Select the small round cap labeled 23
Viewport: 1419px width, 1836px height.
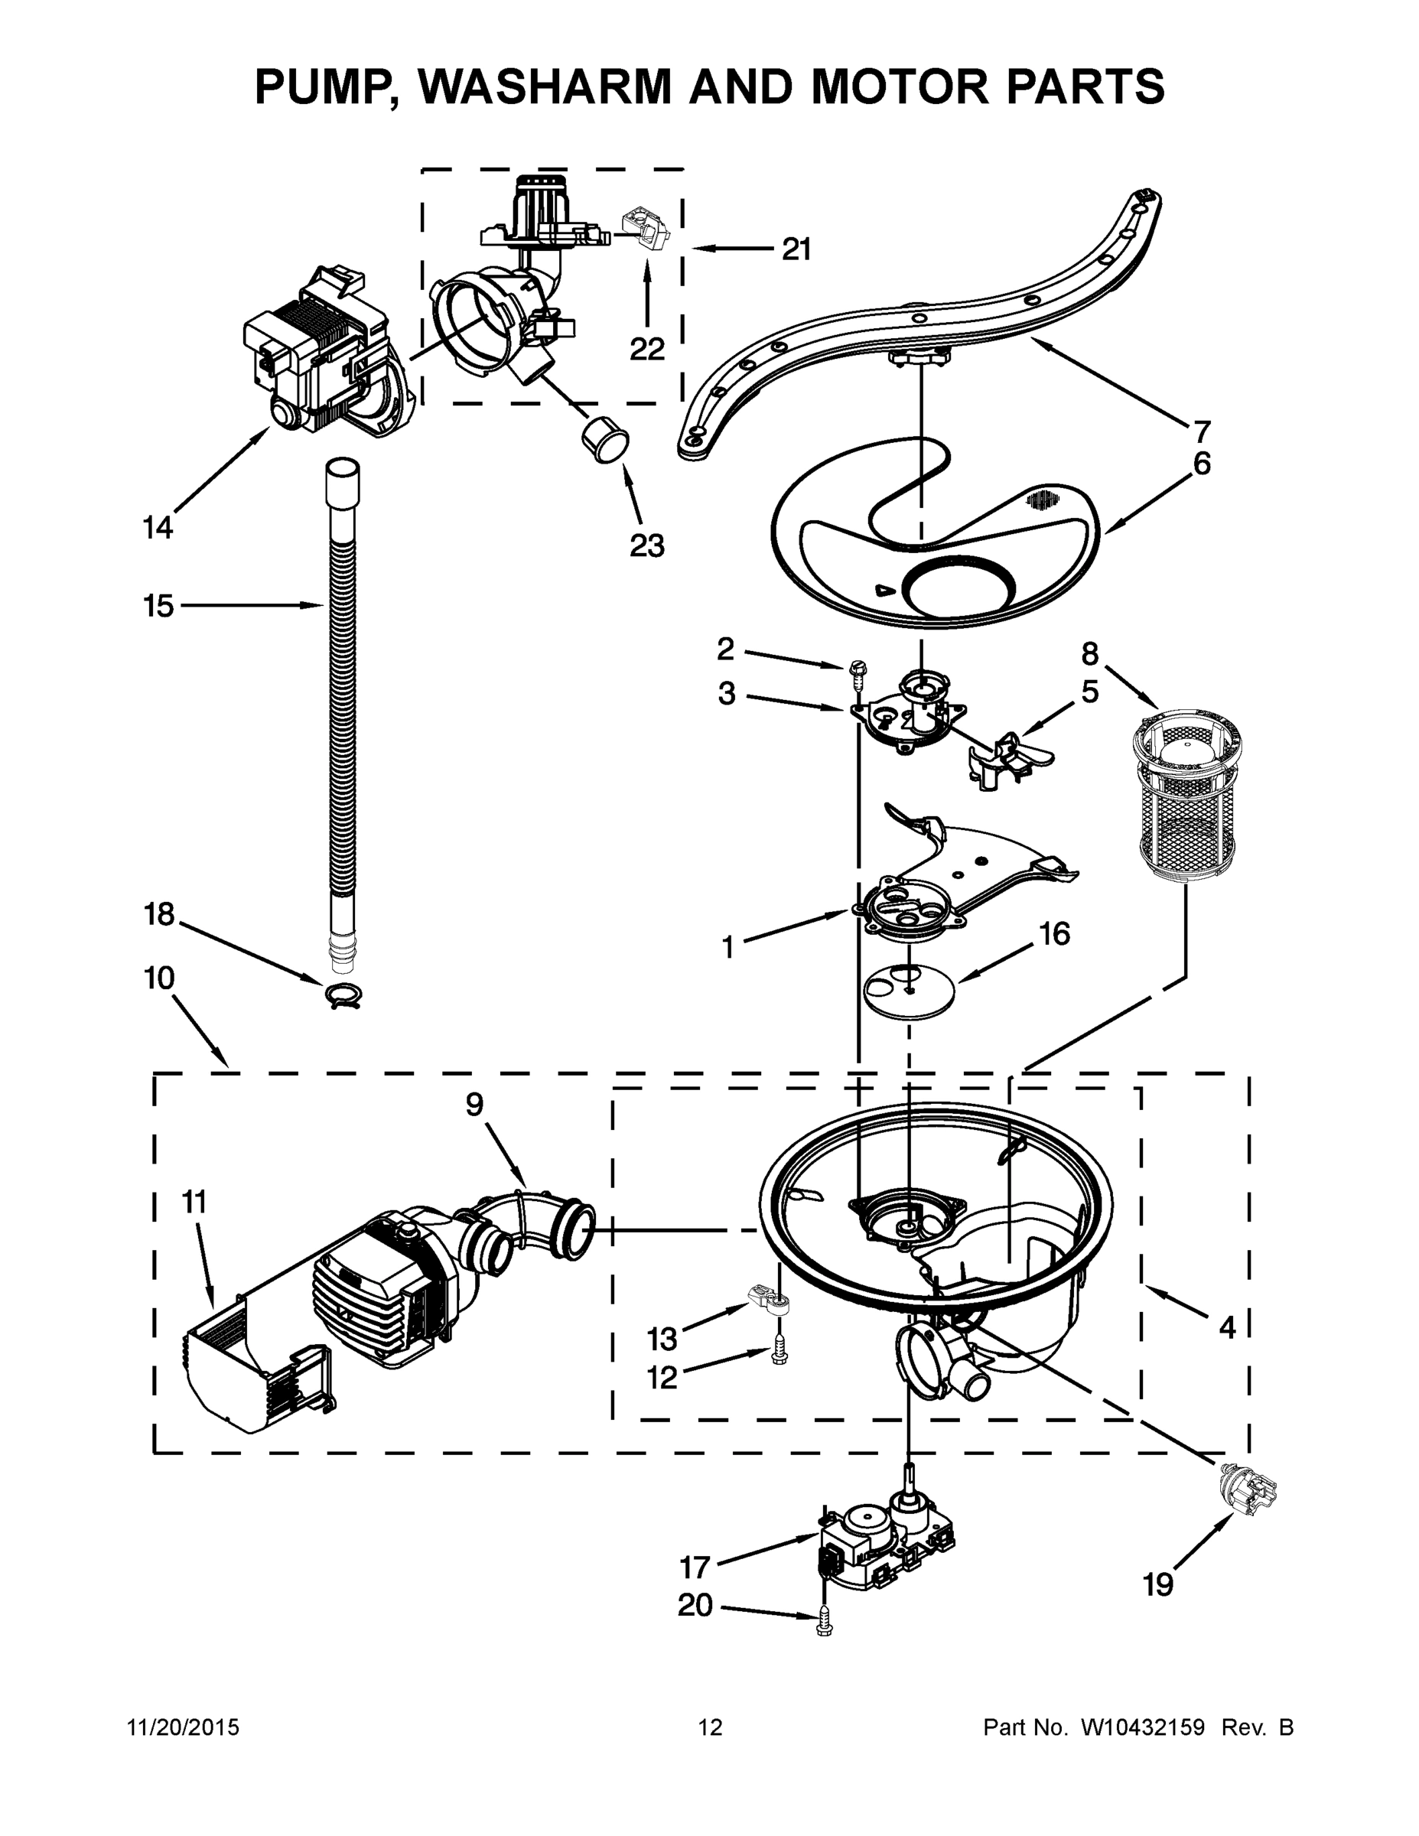(x=604, y=439)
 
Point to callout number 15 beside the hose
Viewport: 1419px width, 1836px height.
(x=158, y=605)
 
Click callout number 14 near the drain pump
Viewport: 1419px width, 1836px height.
(x=158, y=528)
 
